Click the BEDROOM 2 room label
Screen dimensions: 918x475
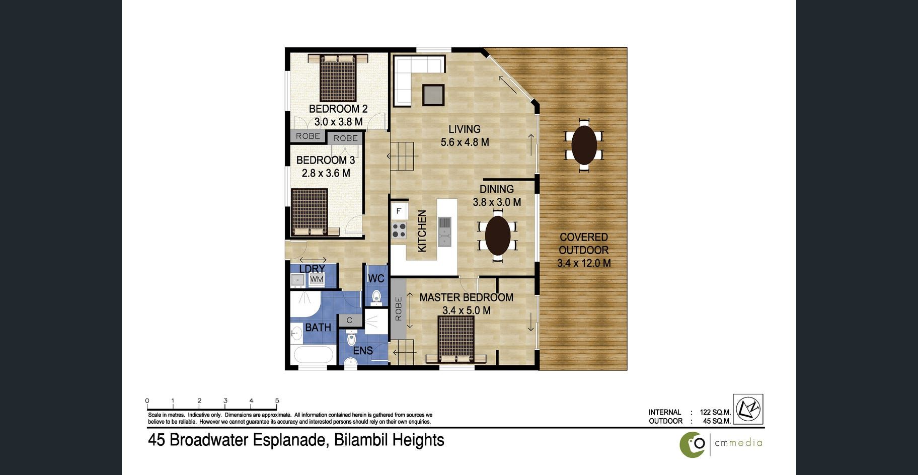(338, 109)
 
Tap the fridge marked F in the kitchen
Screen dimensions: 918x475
(399, 211)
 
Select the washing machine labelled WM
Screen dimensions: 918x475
(317, 279)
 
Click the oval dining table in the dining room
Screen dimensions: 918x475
(497, 235)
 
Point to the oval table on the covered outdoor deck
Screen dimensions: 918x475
(584, 145)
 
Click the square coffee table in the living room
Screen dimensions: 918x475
(433, 95)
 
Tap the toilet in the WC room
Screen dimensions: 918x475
(376, 298)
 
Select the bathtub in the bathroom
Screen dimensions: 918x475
(314, 354)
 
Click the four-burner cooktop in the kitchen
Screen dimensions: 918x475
(399, 230)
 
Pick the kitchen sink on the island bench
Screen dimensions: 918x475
(444, 232)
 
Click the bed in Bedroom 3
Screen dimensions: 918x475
(310, 212)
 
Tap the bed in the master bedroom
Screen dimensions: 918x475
(456, 339)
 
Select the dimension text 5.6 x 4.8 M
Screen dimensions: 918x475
(465, 142)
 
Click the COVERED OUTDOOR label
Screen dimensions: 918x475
(584, 244)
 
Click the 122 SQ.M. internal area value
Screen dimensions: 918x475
(715, 412)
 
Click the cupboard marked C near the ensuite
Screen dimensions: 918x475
(350, 321)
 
